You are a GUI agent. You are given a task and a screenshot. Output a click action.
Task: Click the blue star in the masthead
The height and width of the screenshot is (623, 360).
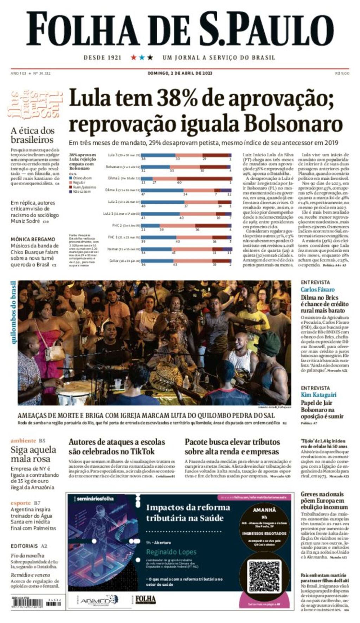pos(142,57)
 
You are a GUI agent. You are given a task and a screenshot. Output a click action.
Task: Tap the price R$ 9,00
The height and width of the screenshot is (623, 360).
pos(342,73)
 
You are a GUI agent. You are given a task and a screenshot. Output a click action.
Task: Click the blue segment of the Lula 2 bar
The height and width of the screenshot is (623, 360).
pos(162,202)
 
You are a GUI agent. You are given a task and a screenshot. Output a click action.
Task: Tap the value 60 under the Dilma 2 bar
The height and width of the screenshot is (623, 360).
pos(179,182)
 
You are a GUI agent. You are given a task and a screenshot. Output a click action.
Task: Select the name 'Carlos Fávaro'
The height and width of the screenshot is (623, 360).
pos(317,290)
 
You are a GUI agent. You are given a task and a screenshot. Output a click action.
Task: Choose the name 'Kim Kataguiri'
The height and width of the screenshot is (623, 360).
pos(319,395)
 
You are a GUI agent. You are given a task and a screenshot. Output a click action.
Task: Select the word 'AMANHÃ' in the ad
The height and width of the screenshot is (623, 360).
pos(264,510)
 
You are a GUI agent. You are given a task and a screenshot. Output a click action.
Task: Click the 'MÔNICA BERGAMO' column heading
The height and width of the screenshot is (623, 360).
pos(33,239)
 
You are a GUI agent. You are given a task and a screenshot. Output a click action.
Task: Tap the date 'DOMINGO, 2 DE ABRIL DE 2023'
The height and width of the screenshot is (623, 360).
pos(180,73)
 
